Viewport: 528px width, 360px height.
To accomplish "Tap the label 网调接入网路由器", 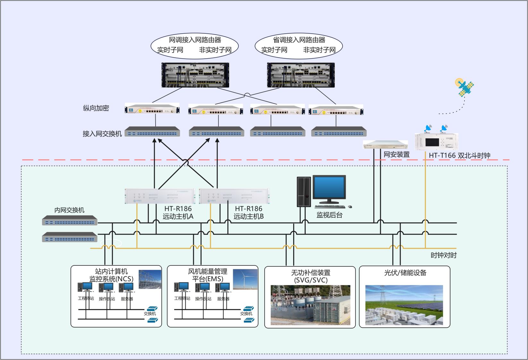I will [195, 40].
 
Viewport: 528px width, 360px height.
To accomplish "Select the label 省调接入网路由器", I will [299, 40].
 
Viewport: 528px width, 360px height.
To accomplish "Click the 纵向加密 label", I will [96, 108].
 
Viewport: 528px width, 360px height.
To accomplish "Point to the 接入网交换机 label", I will [102, 134].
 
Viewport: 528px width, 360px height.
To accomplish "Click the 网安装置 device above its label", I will [385, 145].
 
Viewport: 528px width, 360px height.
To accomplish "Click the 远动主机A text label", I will [178, 216].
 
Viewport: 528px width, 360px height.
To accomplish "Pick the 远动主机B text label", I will [249, 216].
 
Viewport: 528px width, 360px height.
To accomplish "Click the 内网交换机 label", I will [69, 210].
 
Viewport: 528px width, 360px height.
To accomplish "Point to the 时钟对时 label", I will [443, 255].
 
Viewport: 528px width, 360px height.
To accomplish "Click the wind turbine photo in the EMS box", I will [245, 279].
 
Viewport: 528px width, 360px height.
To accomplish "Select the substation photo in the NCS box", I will [150, 279].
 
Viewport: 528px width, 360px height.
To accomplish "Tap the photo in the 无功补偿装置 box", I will [310, 305].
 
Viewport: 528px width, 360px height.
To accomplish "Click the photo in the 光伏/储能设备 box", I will [404, 305].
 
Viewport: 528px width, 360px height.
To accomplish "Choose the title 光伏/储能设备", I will [405, 273].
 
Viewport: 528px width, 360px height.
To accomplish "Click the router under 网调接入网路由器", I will [195, 75].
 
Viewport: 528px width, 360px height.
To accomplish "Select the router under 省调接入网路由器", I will [301, 75].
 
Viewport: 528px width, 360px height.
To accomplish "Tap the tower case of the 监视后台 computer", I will [304, 192].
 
